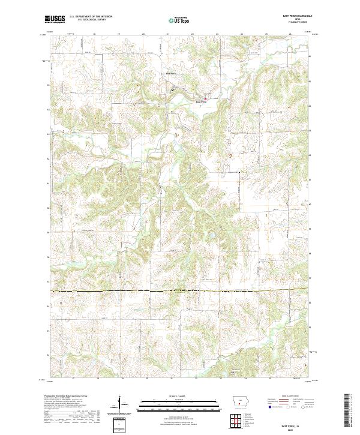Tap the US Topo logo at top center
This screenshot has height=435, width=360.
[x=179, y=20]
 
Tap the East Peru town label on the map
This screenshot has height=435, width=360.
[x=202, y=102]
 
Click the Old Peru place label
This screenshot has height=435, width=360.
[x=171, y=74]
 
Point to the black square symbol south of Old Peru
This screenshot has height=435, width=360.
[x=172, y=89]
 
